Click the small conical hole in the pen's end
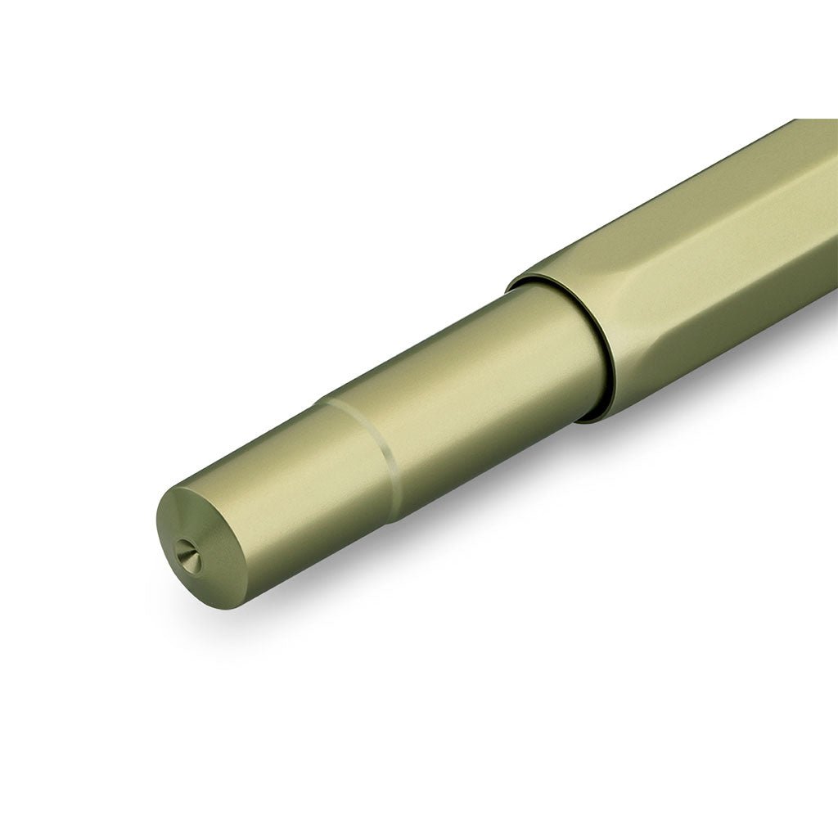tap(187, 556)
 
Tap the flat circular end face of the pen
tap(196, 544)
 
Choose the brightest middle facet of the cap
tap(720, 270)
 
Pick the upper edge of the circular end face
tap(176, 489)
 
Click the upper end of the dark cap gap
tap(524, 282)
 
